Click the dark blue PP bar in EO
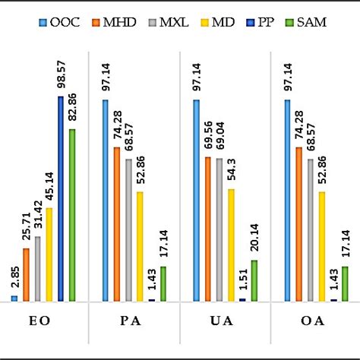pos(61,199)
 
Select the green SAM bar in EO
pos(72,215)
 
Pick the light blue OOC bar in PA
pos(106,201)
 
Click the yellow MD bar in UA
pos(231,245)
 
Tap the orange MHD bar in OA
pos(298,224)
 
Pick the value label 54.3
pos(232,172)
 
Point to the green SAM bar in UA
pos(254,280)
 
